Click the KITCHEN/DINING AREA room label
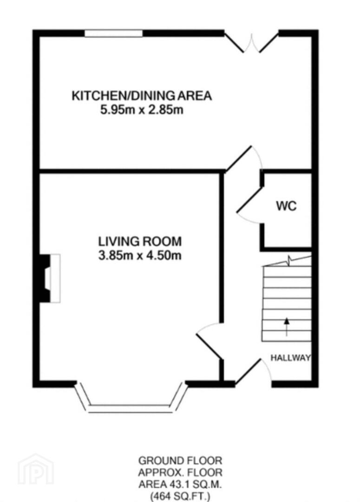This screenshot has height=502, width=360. pyautogui.click(x=142, y=96)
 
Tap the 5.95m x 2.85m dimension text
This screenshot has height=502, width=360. pyautogui.click(x=142, y=110)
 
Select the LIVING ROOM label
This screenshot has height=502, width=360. pyautogui.click(x=140, y=241)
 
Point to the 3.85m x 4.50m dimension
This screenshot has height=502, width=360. pyautogui.click(x=140, y=256)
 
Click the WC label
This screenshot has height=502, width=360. pyautogui.click(x=287, y=206)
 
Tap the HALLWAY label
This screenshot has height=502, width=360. pyautogui.click(x=291, y=357)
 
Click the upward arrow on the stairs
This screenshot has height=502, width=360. pyautogui.click(x=287, y=327)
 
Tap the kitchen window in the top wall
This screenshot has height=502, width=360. pyautogui.click(x=113, y=33)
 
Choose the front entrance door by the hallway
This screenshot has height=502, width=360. pyautogui.click(x=253, y=371)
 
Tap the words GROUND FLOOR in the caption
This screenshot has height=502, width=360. pyautogui.click(x=180, y=461)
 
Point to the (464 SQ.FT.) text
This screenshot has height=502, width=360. pyautogui.click(x=180, y=496)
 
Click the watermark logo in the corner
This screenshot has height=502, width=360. pyautogui.click(x=35, y=469)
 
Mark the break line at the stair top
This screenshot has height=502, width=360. pyautogui.click(x=287, y=261)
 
